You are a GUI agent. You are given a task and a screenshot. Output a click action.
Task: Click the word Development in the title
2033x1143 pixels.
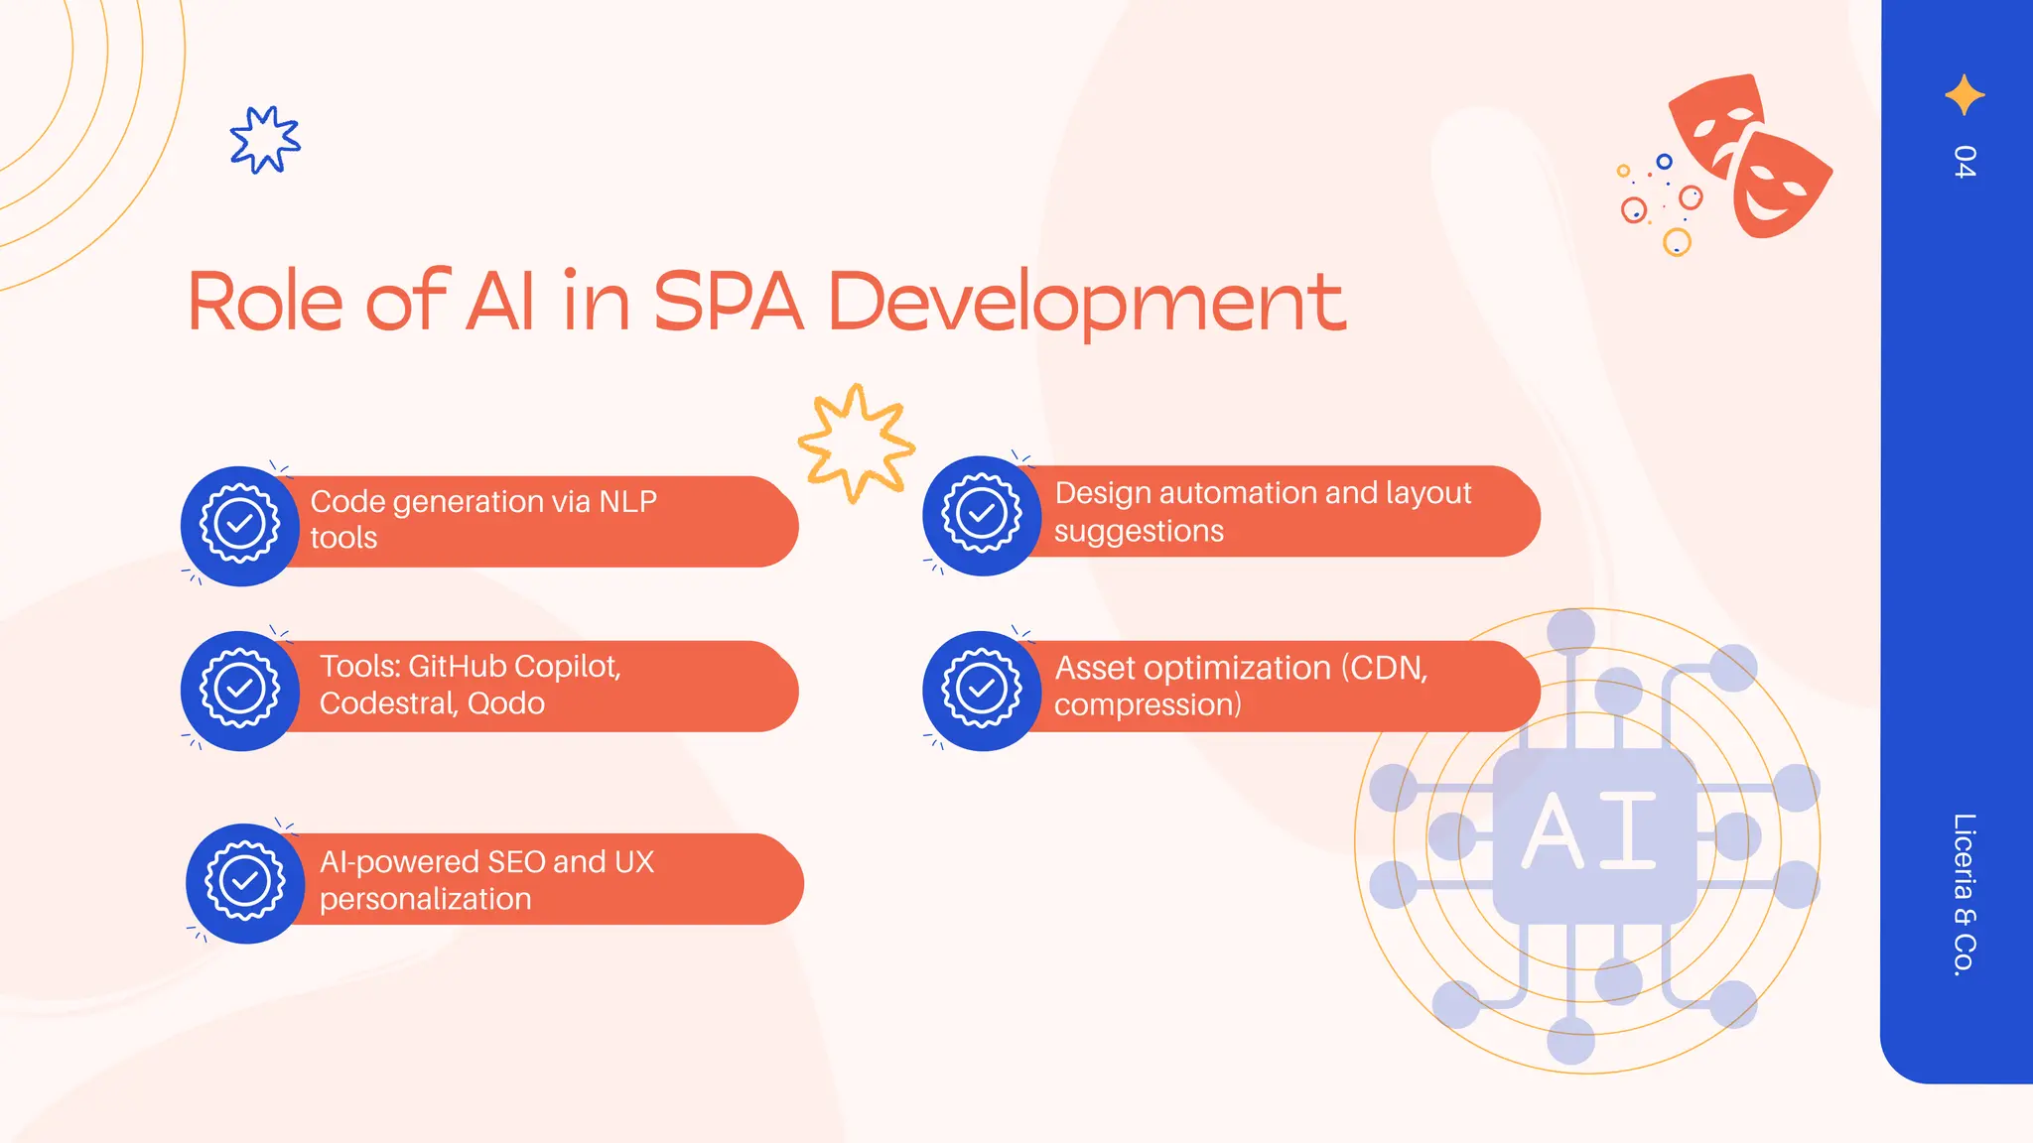pos(1086,303)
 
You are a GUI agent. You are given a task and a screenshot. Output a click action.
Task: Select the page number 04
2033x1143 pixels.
pos(1964,162)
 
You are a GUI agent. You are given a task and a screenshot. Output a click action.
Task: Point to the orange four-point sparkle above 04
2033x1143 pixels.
pos(1965,95)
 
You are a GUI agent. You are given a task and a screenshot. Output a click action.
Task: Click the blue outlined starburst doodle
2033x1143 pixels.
pos(264,140)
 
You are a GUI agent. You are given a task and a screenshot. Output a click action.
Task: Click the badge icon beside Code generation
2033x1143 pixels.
pos(240,525)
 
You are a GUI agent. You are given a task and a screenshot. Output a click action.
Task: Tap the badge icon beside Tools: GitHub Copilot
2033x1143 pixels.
pos(240,690)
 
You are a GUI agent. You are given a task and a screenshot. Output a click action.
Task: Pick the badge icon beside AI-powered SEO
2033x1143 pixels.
pos(245,882)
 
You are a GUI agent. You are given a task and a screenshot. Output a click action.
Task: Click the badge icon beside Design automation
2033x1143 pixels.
pos(982,515)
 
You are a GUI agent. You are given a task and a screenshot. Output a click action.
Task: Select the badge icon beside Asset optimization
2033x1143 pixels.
pos(982,690)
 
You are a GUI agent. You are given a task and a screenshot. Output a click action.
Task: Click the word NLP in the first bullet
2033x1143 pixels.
pos(627,502)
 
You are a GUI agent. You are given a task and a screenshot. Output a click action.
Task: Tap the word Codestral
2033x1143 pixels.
pos(386,703)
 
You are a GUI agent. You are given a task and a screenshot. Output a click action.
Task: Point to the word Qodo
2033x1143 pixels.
pos(506,703)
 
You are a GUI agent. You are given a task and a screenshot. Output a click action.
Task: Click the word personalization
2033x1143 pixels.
pos(425,900)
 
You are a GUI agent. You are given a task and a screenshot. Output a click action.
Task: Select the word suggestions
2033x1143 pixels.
pos(1139,532)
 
